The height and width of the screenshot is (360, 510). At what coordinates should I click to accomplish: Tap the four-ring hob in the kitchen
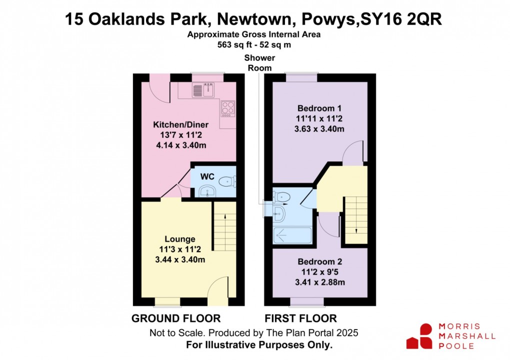pos(228,108)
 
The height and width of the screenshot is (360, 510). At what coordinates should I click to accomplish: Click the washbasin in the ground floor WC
pos(206,190)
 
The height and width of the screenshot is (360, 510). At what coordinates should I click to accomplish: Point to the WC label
pos(207,176)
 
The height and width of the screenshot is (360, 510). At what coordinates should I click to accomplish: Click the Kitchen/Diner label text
pos(180,124)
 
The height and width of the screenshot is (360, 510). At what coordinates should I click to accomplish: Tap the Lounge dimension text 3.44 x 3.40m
pos(180,259)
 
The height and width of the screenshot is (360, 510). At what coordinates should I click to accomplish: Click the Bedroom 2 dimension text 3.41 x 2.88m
pos(320,282)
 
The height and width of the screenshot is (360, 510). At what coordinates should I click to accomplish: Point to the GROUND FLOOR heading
pos(175,318)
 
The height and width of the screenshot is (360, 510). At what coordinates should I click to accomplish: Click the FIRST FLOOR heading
pos(300,318)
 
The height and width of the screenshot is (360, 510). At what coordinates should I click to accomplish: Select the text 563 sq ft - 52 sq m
pos(253,44)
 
